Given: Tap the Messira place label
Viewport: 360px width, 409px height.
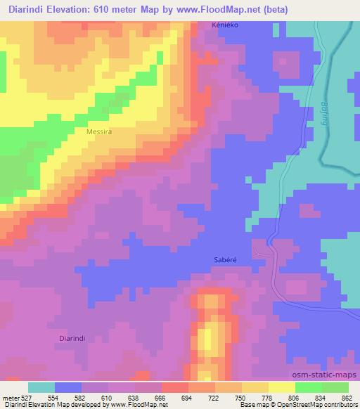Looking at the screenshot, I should (98, 131).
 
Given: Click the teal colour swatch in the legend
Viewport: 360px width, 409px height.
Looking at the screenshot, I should (41, 387).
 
